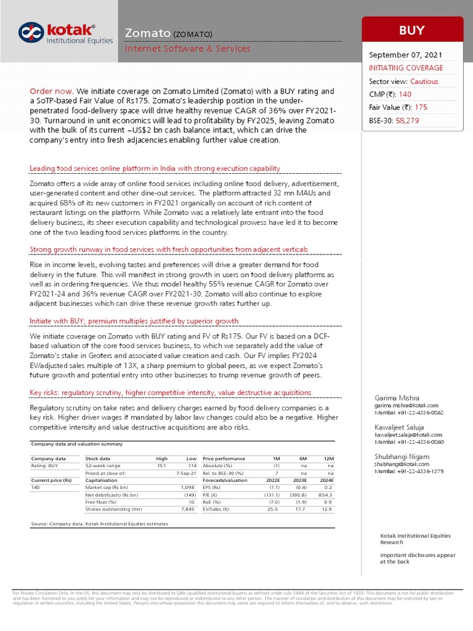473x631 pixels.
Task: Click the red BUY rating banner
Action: tap(412, 30)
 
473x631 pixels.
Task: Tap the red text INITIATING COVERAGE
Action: tap(405, 68)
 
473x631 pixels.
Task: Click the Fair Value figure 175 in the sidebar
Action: tap(421, 107)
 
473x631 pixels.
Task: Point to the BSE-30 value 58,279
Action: tap(407, 121)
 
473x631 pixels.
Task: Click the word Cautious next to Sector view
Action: tap(426, 81)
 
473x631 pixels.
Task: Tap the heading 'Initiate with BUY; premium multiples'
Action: tap(134, 321)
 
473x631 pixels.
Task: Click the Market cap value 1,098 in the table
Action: tap(187, 487)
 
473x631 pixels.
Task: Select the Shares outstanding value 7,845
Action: tap(187, 509)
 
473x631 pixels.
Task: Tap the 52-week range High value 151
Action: tap(163, 466)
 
